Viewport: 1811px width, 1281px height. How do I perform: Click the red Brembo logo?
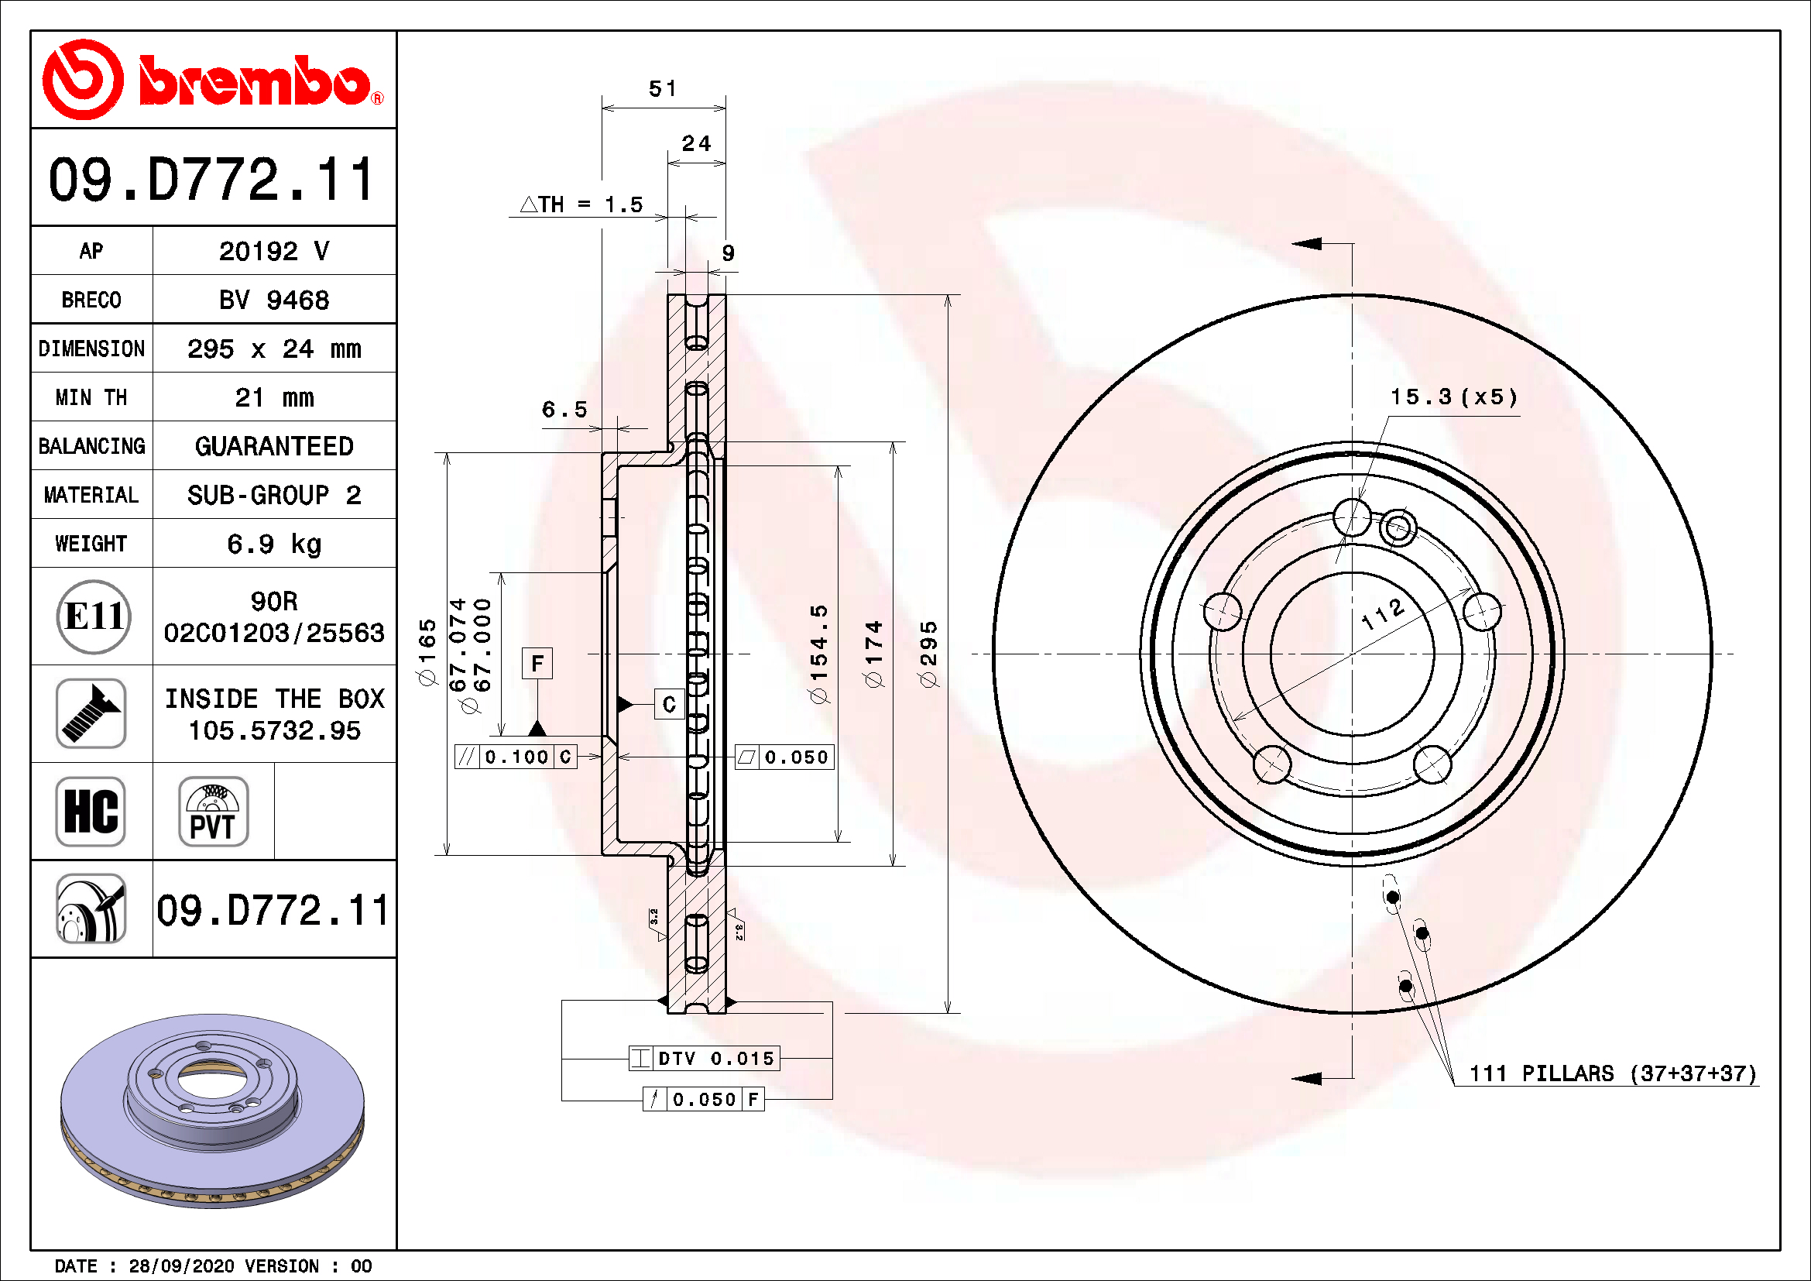[x=213, y=80]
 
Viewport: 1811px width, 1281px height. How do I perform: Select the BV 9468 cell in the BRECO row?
[x=273, y=300]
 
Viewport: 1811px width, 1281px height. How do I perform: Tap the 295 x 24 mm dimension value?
[x=273, y=349]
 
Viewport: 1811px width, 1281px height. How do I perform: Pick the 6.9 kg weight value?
[x=273, y=544]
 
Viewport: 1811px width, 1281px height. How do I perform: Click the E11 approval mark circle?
[x=94, y=616]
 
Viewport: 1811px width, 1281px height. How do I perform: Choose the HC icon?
[x=91, y=811]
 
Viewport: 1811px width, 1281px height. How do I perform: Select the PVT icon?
[x=213, y=811]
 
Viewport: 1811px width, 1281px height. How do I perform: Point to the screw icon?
[x=91, y=713]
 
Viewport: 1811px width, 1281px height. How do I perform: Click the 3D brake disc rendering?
[x=212, y=1111]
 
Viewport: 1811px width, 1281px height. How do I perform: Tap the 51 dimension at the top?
[x=663, y=88]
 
